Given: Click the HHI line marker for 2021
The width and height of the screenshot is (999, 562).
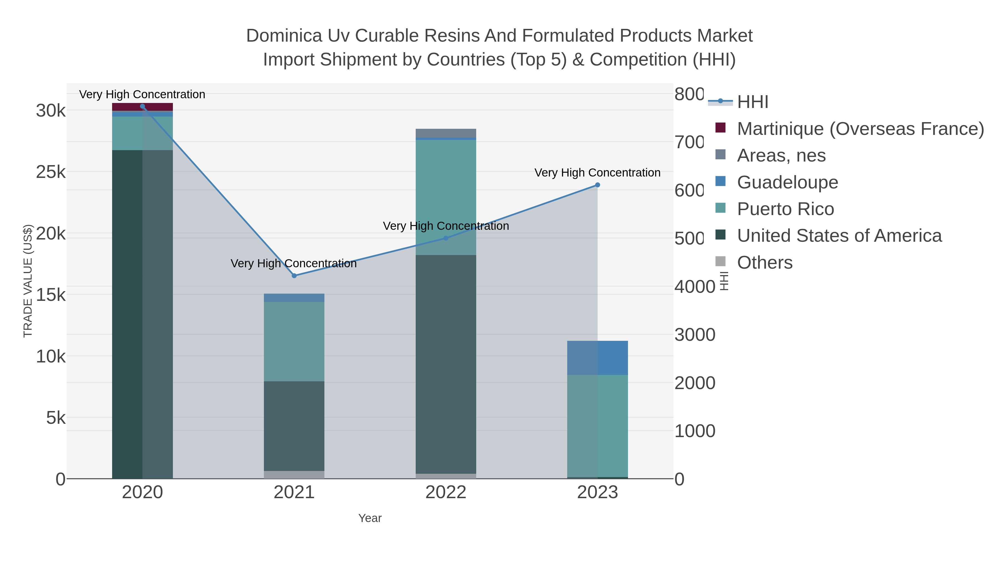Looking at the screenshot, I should click(x=294, y=276).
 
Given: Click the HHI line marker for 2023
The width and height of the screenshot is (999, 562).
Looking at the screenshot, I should click(x=597, y=185).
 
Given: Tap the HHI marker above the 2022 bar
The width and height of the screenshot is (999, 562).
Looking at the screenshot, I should click(x=446, y=238).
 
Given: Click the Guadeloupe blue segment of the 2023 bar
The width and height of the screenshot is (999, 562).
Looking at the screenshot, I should click(x=597, y=358).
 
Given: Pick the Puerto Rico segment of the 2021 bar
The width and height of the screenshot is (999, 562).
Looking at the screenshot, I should click(x=294, y=341).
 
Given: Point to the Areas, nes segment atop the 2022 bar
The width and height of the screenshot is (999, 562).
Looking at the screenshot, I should click(x=446, y=133).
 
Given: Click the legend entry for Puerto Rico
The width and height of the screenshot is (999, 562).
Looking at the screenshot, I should click(x=785, y=209).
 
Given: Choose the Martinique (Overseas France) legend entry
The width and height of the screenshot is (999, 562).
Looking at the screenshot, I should click(x=860, y=129).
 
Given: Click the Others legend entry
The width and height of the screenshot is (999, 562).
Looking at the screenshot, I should click(x=765, y=263).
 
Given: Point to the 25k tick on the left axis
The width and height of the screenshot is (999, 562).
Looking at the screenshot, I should click(x=51, y=172).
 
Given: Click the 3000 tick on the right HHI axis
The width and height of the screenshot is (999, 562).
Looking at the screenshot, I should click(x=695, y=335).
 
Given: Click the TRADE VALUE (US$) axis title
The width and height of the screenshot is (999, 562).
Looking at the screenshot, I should click(x=28, y=281).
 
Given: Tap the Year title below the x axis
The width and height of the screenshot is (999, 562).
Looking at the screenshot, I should click(x=370, y=518).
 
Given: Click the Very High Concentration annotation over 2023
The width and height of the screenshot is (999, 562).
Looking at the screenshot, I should click(x=597, y=173).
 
